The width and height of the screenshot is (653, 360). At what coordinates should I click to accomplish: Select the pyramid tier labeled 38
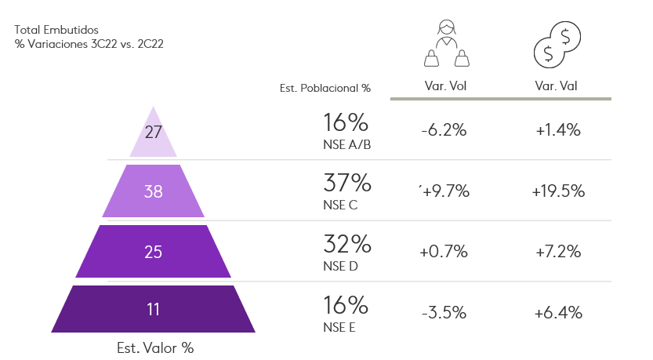[153, 191]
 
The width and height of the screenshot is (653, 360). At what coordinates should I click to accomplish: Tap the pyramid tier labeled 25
[153, 252]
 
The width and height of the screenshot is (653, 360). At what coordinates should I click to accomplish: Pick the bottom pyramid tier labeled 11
[153, 309]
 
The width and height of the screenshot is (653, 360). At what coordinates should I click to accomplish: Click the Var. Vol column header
[444, 86]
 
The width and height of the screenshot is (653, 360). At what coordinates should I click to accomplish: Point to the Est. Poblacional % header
[325, 89]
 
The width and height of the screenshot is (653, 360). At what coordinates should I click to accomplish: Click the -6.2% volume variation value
[444, 131]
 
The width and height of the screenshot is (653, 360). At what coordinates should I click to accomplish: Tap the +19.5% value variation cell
[558, 191]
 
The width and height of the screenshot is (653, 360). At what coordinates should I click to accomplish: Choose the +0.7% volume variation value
[444, 252]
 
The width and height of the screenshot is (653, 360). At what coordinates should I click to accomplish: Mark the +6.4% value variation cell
[558, 312]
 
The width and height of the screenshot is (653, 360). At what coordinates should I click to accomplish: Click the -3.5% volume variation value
[444, 312]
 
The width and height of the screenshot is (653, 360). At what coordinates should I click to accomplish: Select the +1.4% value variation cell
[558, 131]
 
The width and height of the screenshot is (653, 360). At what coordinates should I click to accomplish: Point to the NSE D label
[340, 266]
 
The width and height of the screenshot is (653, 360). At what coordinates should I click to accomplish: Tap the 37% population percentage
[346, 184]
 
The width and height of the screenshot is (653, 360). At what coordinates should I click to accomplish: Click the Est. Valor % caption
[154, 347]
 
